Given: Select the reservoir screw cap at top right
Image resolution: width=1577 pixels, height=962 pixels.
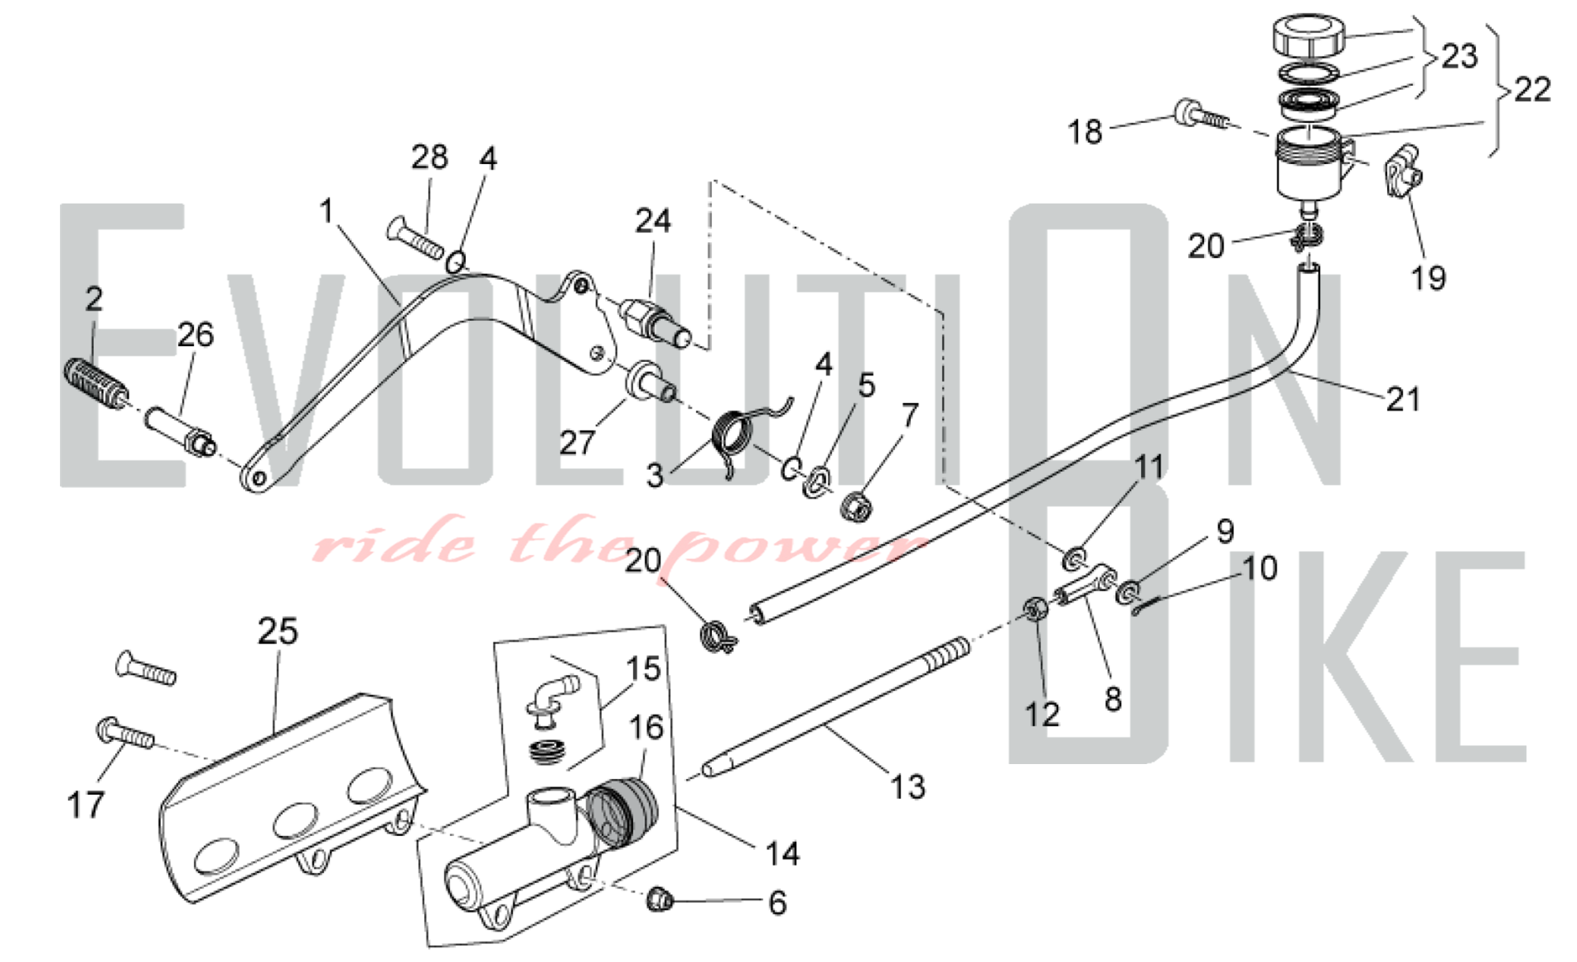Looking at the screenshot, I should pos(1307,35).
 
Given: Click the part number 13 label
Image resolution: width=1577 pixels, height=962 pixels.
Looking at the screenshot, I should pos(907,786).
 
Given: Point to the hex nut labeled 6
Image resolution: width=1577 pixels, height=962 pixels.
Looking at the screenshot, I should pos(659,899).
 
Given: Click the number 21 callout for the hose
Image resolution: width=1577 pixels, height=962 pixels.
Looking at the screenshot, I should pos(1403,399).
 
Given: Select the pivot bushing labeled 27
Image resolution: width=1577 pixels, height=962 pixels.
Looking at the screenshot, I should pos(649,382).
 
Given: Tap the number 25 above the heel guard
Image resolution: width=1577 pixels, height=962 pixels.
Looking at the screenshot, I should pos(278,631).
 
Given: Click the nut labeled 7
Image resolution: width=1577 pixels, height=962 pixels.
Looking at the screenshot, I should pos(856,506).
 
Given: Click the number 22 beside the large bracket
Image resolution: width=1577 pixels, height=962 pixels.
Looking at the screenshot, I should pos(1532,89).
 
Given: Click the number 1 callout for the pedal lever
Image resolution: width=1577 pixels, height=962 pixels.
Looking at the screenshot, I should pos(326,211).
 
